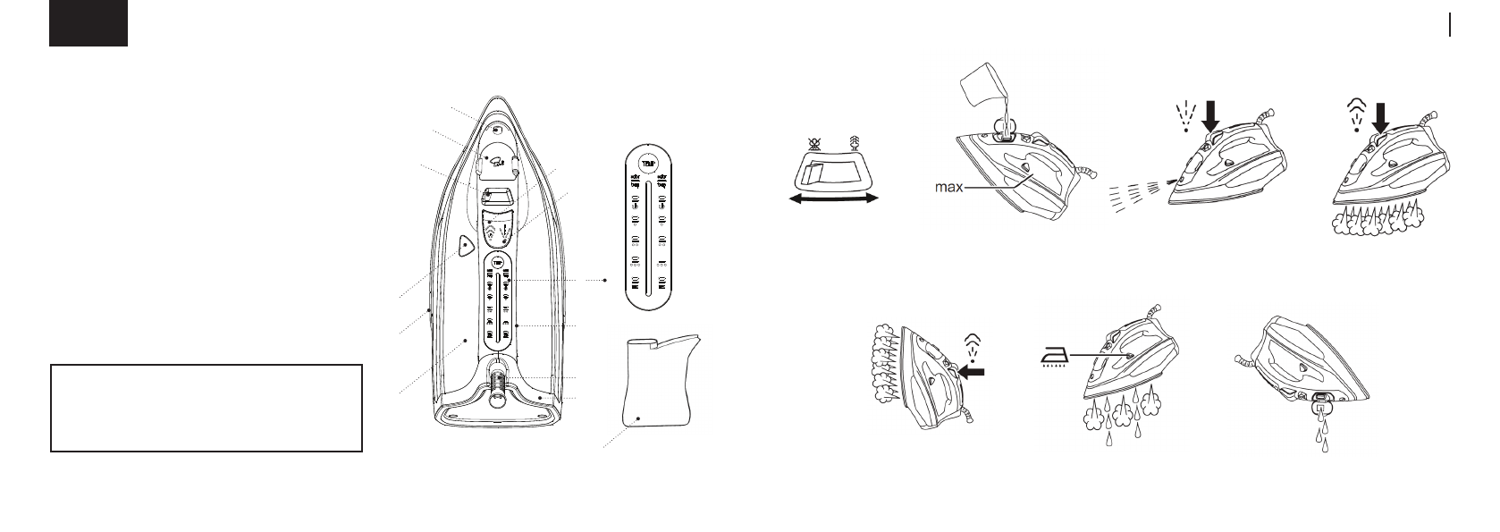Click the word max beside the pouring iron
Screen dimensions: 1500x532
(x=948, y=189)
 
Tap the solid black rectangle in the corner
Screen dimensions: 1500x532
(x=88, y=23)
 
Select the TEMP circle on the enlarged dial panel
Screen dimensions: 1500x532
(x=646, y=163)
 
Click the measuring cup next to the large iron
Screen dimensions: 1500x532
(x=657, y=380)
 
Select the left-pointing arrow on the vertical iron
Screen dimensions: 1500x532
(x=975, y=369)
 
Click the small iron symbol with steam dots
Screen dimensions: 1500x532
(x=1056, y=357)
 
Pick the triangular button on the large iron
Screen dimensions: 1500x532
(x=465, y=246)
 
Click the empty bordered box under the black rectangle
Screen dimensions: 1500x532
(x=206, y=408)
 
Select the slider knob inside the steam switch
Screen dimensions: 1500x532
(x=814, y=174)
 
